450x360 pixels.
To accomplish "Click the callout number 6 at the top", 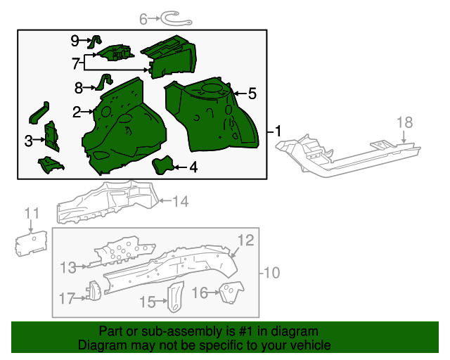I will (143, 20).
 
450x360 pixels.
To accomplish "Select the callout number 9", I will (75, 40).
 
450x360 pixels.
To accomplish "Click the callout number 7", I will (76, 63).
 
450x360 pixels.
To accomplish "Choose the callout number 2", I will (77, 111).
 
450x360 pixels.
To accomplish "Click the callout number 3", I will (29, 141).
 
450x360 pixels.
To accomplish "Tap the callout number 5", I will (252, 93).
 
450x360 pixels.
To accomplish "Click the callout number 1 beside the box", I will (278, 131).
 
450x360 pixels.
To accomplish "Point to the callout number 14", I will (181, 202).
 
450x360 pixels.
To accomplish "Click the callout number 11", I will (32, 213).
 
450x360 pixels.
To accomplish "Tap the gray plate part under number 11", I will (31, 243).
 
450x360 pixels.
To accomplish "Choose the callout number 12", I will (244, 241).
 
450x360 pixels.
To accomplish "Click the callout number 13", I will (67, 266).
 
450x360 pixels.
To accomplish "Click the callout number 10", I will (272, 272).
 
